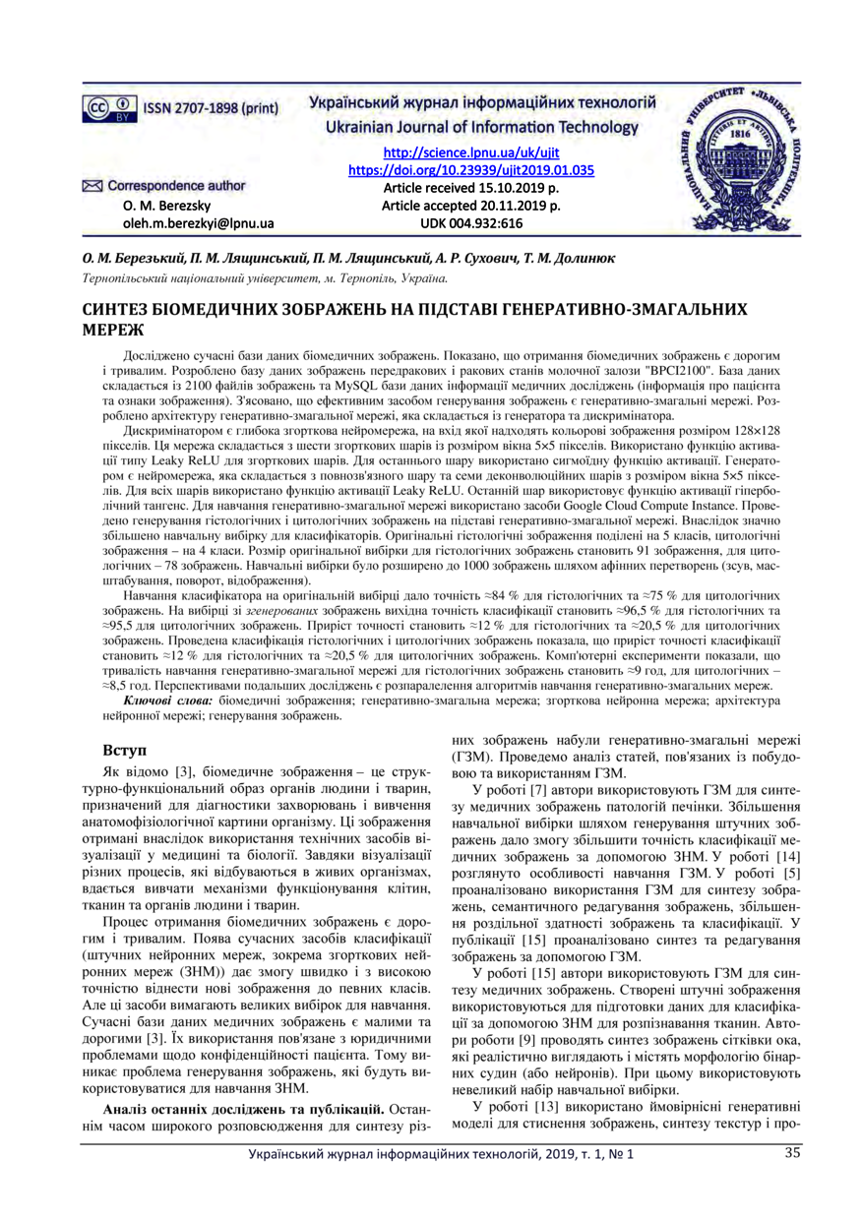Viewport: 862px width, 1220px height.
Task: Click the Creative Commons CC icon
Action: (98, 105)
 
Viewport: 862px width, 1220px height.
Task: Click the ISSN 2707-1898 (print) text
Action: (210, 106)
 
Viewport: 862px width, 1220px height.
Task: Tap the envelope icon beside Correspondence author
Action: (92, 185)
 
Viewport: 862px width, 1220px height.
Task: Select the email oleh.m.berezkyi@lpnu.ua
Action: (198, 223)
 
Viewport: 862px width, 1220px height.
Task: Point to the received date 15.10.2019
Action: (515, 188)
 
